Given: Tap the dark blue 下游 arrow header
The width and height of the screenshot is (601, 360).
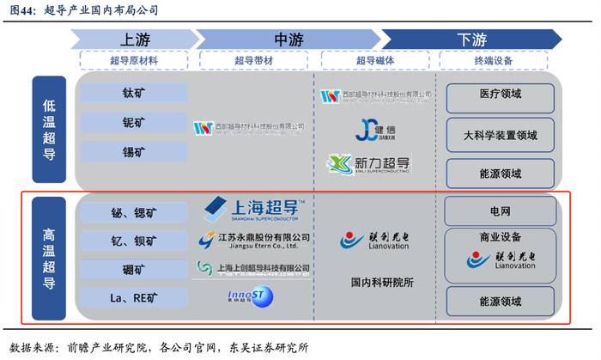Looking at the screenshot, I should (471, 39).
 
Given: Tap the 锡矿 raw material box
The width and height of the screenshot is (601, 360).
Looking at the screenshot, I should (133, 153).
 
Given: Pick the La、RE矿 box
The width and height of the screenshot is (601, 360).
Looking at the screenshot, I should (133, 298).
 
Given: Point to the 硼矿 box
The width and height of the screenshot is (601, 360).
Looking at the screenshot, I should (133, 270).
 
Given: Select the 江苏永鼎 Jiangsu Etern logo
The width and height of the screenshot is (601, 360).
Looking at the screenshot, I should (254, 239).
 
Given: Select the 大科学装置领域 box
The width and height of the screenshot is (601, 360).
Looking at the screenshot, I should (500, 135).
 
